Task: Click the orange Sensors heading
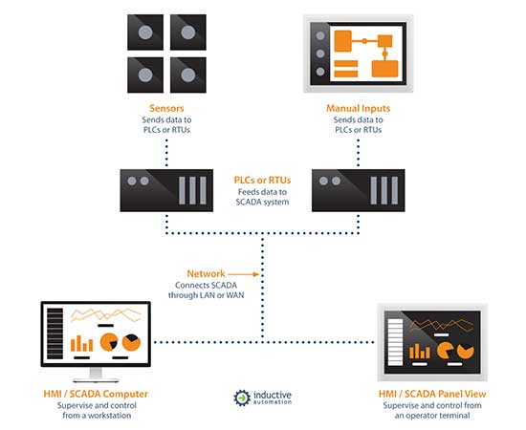click(166, 108)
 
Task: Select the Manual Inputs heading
click(359, 108)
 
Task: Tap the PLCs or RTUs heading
click(262, 180)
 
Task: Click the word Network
click(206, 273)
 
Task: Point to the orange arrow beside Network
click(243, 274)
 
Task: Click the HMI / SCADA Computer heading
click(96, 394)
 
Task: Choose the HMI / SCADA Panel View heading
click(432, 394)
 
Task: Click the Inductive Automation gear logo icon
click(242, 398)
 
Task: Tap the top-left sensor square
click(145, 32)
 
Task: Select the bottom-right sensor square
click(188, 75)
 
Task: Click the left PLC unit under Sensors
click(166, 190)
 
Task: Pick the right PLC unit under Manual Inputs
click(359, 190)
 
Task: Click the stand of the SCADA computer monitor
click(96, 375)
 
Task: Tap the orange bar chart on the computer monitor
click(81, 344)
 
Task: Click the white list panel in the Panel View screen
click(395, 342)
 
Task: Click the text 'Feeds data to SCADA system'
click(262, 197)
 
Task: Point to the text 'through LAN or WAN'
click(206, 295)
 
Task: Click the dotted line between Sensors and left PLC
click(166, 153)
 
